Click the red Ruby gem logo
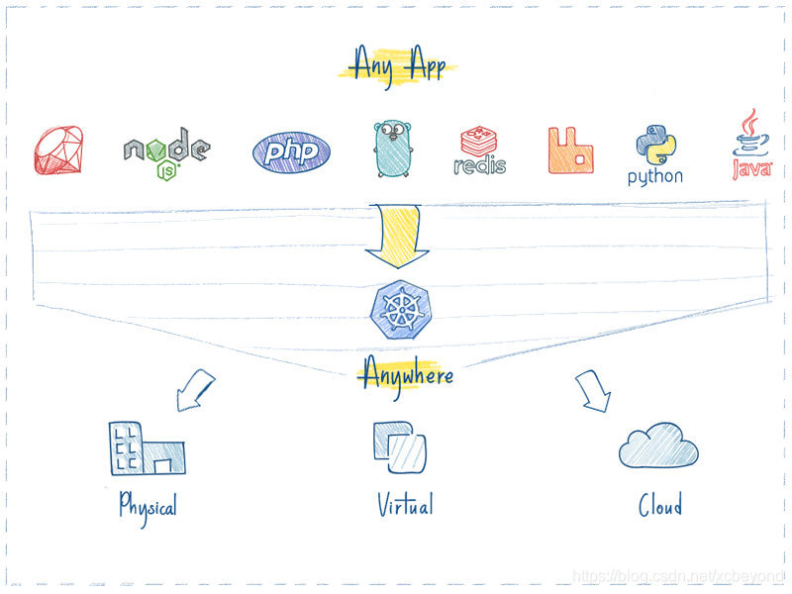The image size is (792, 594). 58,151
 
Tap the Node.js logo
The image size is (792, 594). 166,152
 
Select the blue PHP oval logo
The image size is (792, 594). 291,151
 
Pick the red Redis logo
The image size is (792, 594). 480,150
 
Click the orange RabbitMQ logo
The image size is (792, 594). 570,150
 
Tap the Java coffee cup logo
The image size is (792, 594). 752,147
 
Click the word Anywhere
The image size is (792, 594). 407,374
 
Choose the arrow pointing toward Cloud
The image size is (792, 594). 594,390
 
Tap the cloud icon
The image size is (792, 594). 658,446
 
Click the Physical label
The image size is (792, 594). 148,506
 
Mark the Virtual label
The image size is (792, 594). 405,505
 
